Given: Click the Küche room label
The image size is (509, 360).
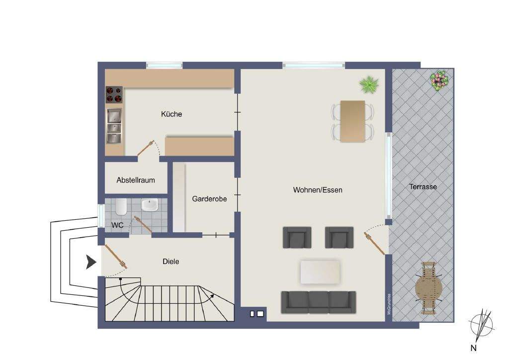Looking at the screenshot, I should point(171,114).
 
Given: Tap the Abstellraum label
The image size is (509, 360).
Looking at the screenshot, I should point(136,180).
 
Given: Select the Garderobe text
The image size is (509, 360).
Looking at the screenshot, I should point(209,199).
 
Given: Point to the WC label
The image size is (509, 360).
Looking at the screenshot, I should point(117,225).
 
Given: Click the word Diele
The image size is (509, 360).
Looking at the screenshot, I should point(171,261).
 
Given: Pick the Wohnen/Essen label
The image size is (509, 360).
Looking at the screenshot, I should point(318,190).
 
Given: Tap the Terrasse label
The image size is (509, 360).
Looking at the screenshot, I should point(423,187).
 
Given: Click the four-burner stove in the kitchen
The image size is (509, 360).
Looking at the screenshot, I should point(114,94).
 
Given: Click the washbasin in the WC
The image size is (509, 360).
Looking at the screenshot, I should point(149,205).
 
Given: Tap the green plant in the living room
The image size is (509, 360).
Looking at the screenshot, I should point(369,84).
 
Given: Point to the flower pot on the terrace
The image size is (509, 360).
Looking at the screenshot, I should point(438,80).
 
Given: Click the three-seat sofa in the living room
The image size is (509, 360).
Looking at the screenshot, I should point(318,302).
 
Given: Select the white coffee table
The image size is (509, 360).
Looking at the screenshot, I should point(321,272).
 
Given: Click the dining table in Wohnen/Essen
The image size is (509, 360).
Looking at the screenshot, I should point(352,121).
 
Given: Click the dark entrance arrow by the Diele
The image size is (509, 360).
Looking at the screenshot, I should point(90,262).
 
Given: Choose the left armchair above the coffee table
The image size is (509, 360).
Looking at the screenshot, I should point(297,237).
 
